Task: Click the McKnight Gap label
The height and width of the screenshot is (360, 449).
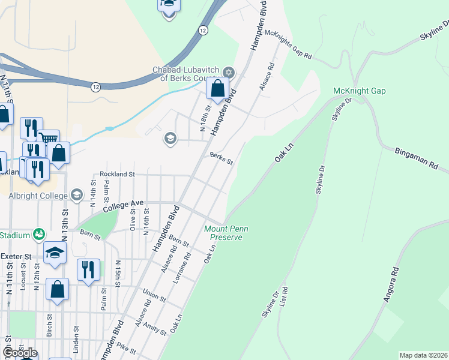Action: (359, 91)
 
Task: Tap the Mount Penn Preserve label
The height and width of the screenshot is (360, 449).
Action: (226, 233)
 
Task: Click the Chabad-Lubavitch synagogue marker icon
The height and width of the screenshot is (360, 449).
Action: (228, 71)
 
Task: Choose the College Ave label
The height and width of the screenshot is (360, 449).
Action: (123, 206)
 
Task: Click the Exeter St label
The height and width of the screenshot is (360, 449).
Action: (16, 256)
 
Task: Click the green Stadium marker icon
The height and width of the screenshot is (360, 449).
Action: (39, 233)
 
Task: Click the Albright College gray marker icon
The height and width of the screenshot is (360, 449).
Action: (77, 194)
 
